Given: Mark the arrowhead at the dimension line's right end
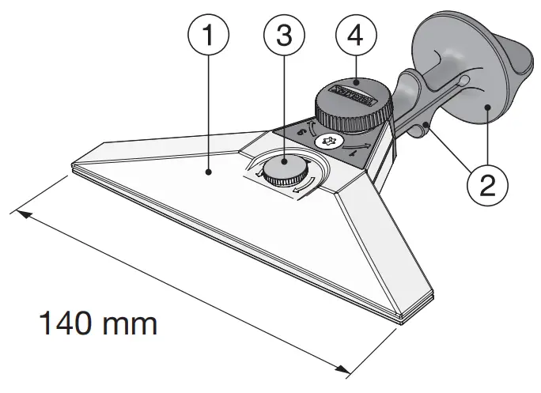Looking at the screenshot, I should (345, 368).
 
